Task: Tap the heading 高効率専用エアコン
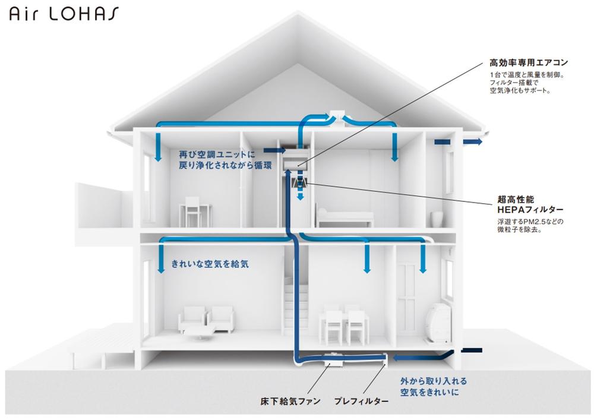click(x=529, y=62)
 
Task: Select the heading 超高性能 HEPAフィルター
click(x=530, y=206)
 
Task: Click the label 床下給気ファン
click(x=290, y=402)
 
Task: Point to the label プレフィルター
click(x=361, y=402)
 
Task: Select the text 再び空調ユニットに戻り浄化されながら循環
click(x=226, y=160)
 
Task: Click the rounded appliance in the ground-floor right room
click(x=439, y=324)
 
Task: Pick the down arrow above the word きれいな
click(x=160, y=257)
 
